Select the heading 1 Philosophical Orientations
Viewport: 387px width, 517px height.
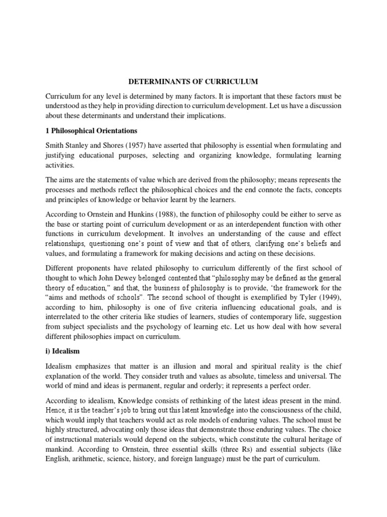pos(90,131)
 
